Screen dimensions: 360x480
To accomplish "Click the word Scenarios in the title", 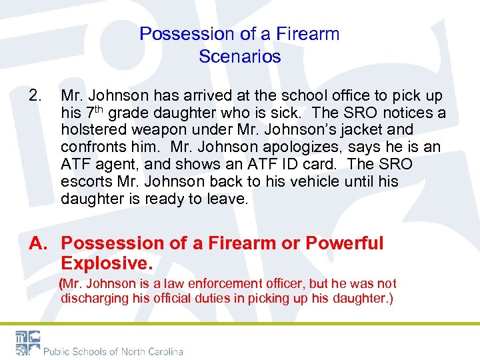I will pyautogui.click(x=239, y=57).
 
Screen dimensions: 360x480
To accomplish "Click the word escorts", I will pyautogui.click(x=86, y=181).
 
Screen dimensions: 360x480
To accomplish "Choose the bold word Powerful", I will pyautogui.click(x=345, y=243).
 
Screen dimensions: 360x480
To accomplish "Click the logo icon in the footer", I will pyautogui.click(x=27, y=343).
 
